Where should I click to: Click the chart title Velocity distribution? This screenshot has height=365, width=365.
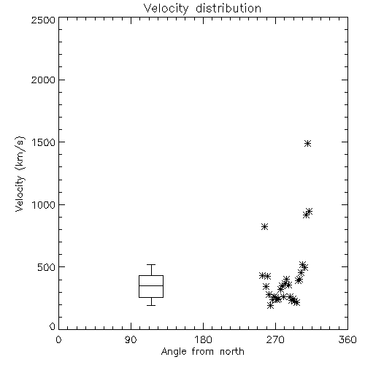pos(202,8)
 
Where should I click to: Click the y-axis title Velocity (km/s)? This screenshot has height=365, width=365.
pos(20,174)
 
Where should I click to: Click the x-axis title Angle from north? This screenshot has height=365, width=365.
pos(202,352)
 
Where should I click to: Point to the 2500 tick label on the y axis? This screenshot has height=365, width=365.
pos(43,20)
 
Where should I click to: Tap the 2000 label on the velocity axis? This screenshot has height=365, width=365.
pos(43,80)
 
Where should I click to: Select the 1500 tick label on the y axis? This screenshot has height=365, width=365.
pos(44,142)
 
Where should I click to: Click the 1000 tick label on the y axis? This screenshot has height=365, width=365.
pos(44,205)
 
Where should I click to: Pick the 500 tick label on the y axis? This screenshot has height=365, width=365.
pos(47,267)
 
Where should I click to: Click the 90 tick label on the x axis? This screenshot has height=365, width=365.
pos(131,339)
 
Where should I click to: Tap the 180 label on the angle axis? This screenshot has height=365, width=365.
pos(203,339)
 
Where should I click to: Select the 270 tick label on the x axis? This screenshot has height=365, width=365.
pos(275,339)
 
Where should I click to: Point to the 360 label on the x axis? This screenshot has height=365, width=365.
pos(347,339)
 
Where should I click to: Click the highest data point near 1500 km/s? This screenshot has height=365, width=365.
pos(308,143)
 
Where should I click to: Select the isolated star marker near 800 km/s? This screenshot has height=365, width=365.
pos(264,227)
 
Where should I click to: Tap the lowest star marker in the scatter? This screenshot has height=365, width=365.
pos(270,305)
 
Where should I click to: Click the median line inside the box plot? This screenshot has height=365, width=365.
pos(151,285)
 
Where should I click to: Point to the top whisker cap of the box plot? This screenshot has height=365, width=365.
pos(151,264)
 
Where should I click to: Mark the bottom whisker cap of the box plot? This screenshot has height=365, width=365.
pos(151,305)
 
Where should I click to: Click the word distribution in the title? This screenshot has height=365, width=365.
pos(228,8)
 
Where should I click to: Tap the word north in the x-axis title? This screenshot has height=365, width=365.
pos(232,351)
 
